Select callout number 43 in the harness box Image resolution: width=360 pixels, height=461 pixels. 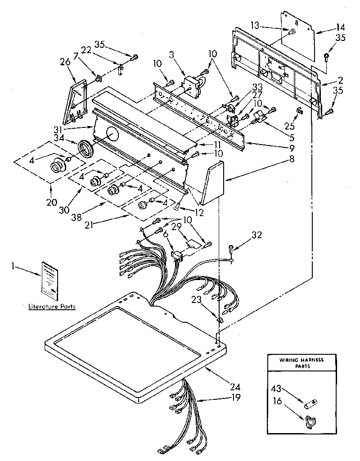pyautogui.click(x=276, y=387)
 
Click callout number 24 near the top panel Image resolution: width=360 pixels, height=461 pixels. pyautogui.click(x=236, y=387)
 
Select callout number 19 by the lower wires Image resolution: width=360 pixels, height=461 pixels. pyautogui.click(x=235, y=397)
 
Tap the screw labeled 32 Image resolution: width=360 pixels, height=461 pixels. pyautogui.click(x=230, y=248)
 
